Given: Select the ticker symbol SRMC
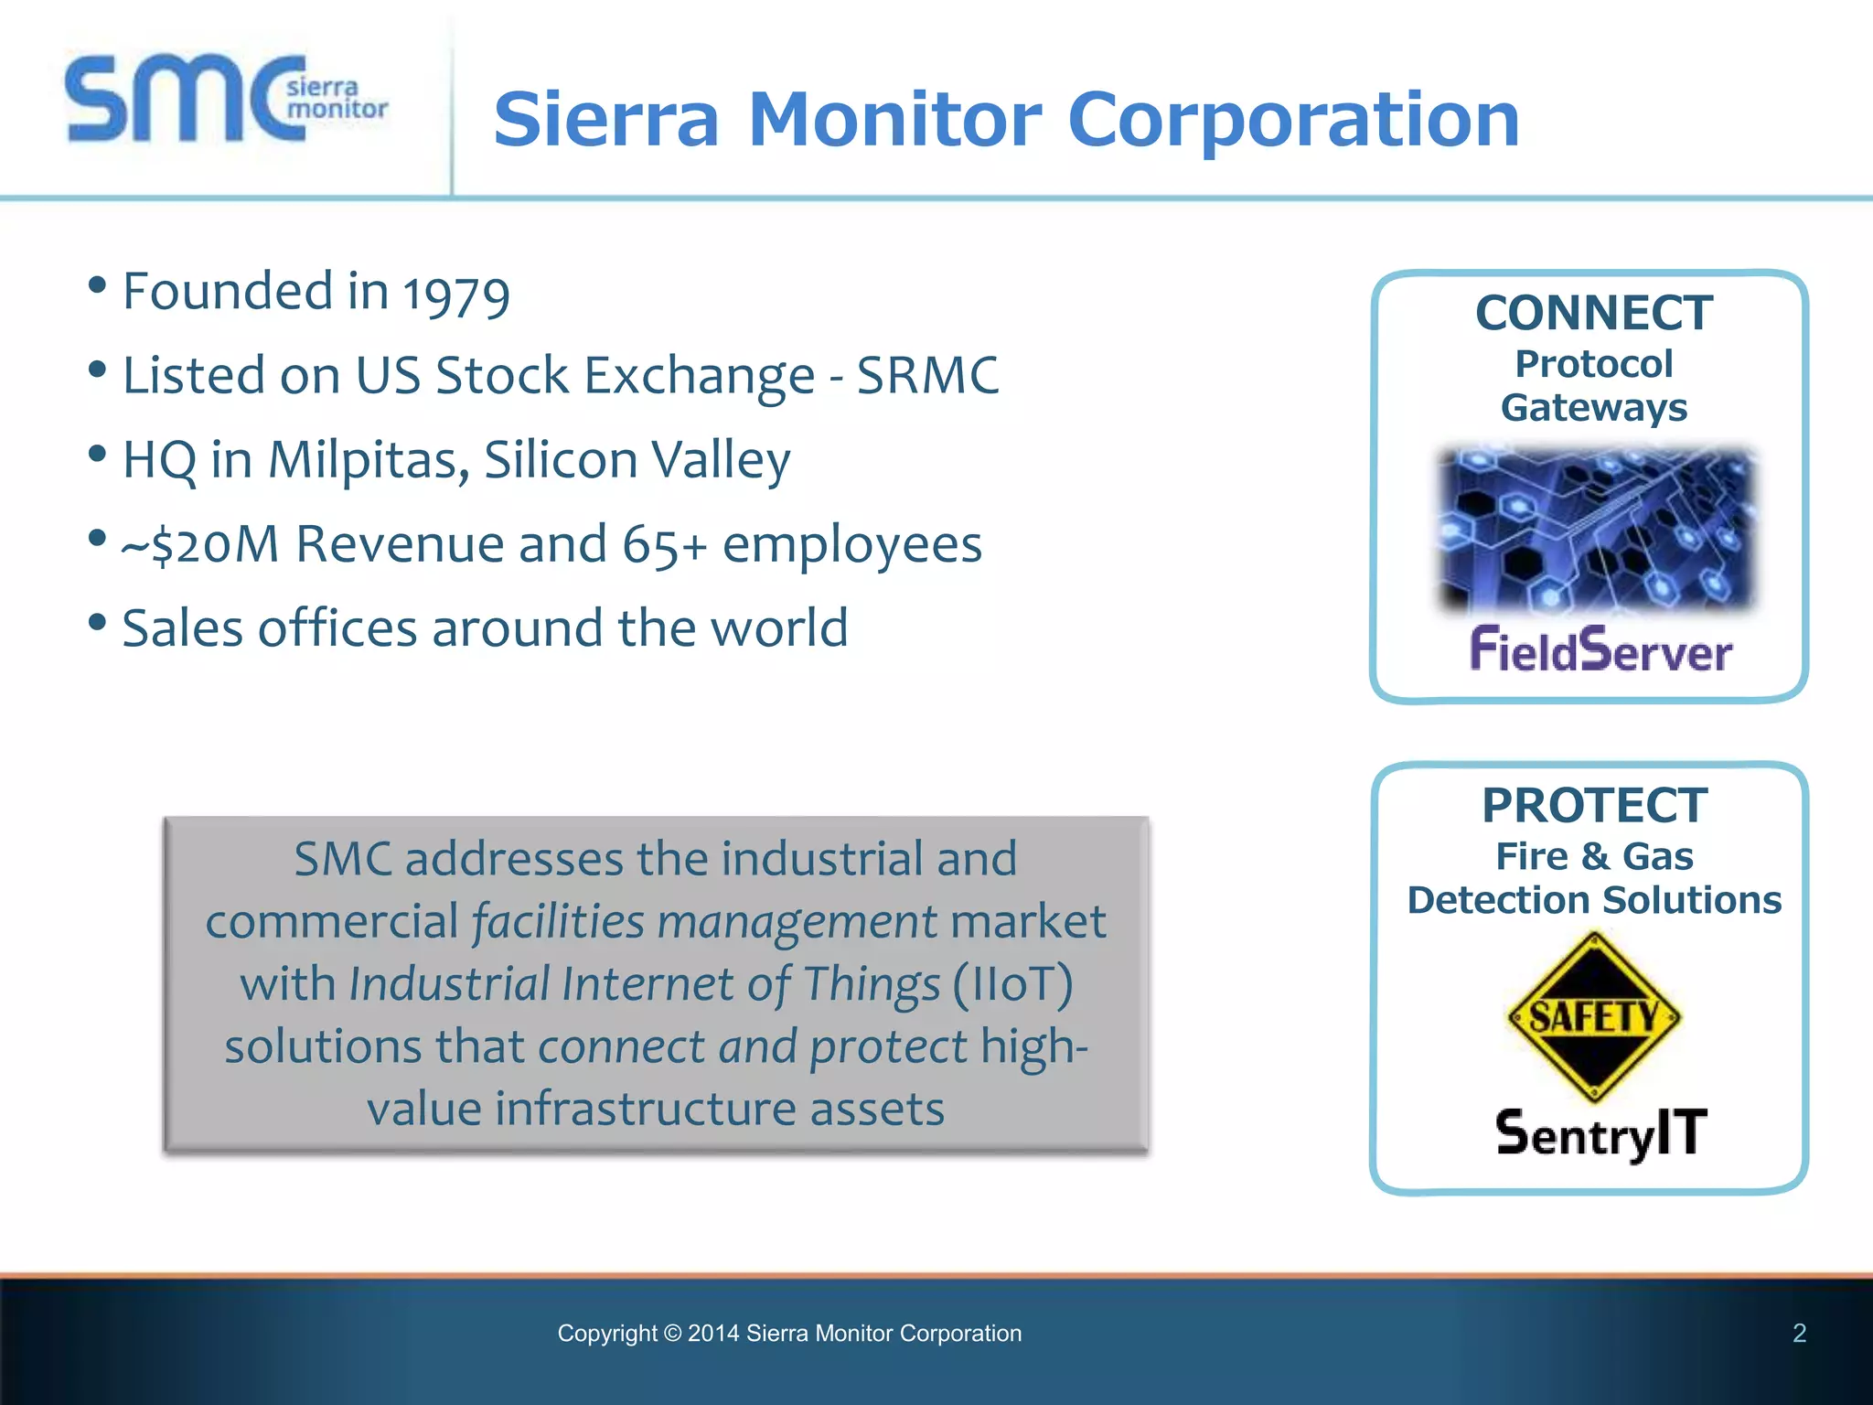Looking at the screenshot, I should point(927,375).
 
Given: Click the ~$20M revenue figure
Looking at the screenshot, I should point(200,544).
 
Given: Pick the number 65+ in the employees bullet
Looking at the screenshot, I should point(665,544).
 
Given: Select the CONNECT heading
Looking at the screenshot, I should point(1594,314).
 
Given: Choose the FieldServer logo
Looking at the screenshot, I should point(1600,650).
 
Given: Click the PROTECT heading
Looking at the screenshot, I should point(1594,806).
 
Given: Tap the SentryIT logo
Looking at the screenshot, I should point(1600,1133).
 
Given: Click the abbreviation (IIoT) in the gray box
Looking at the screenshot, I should point(1013,984).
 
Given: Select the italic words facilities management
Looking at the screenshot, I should point(704,921).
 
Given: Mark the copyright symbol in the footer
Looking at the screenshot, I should point(672,1334).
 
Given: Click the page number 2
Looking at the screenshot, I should point(1799,1334).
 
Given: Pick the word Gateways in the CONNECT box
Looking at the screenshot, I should point(1594,407).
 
